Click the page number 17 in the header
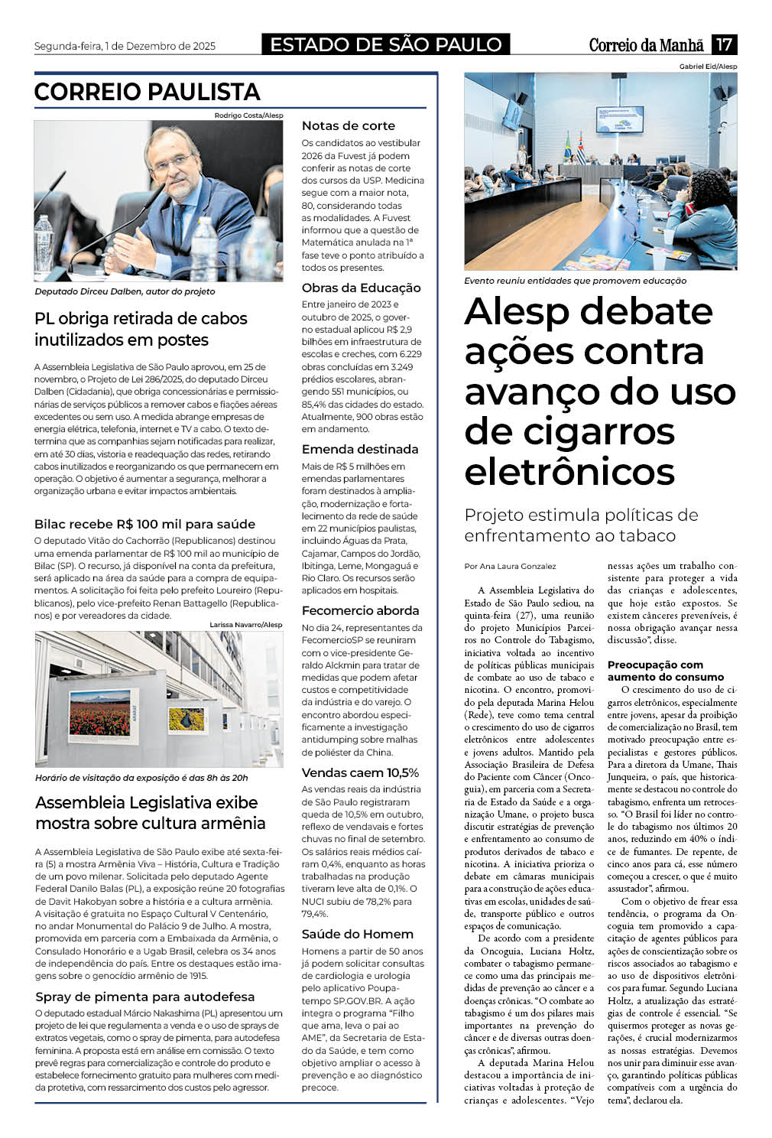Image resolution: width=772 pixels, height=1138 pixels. (x=724, y=44)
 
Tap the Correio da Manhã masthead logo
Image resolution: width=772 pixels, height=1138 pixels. (x=646, y=45)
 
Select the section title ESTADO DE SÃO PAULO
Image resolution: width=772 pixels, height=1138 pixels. (x=386, y=44)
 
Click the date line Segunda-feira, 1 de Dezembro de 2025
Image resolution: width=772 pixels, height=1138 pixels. (x=125, y=46)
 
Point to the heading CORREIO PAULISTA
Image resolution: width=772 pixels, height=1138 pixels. (x=147, y=92)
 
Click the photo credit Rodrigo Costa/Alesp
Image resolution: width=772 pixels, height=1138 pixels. (x=248, y=115)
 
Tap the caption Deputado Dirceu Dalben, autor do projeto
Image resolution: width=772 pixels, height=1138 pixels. (x=125, y=291)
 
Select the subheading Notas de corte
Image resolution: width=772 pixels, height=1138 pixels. (x=348, y=125)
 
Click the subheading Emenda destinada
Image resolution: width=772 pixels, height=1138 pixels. (x=359, y=449)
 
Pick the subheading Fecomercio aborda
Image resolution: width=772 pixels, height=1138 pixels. (x=360, y=610)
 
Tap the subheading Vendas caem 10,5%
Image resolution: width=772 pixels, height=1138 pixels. (x=360, y=772)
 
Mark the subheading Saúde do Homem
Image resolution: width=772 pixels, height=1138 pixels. (x=357, y=934)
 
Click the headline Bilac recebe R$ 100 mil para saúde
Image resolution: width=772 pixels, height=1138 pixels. (x=144, y=524)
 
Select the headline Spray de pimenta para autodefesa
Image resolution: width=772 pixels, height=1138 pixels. (x=144, y=997)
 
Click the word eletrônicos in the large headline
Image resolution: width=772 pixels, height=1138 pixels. (x=569, y=470)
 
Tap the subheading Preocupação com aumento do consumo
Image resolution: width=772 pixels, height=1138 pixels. (x=665, y=671)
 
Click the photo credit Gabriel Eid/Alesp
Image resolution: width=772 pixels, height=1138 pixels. (x=708, y=67)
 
